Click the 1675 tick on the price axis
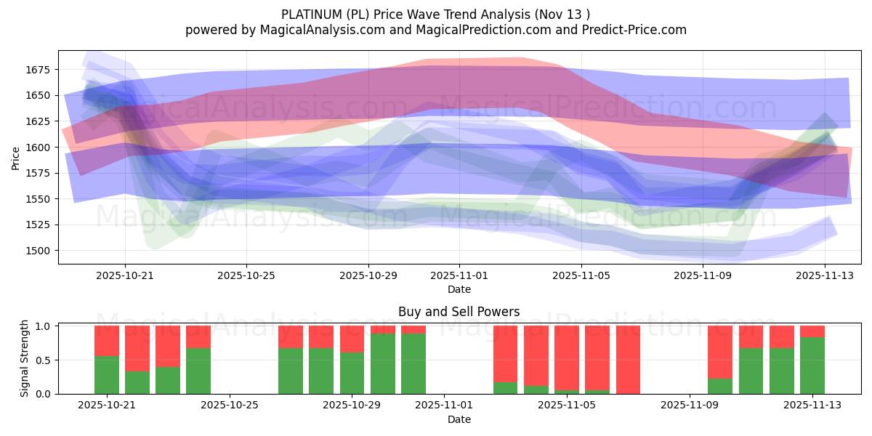tap(41, 70)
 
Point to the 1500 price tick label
tap(41, 251)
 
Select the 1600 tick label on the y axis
tap(41, 148)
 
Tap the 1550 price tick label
tap(41, 199)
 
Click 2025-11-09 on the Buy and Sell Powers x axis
tap(687, 405)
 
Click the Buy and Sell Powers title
tap(459, 312)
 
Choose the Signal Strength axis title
tap(24, 359)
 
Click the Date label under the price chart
tap(459, 289)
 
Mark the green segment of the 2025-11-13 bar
tap(812, 366)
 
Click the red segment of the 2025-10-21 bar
tap(107, 341)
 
